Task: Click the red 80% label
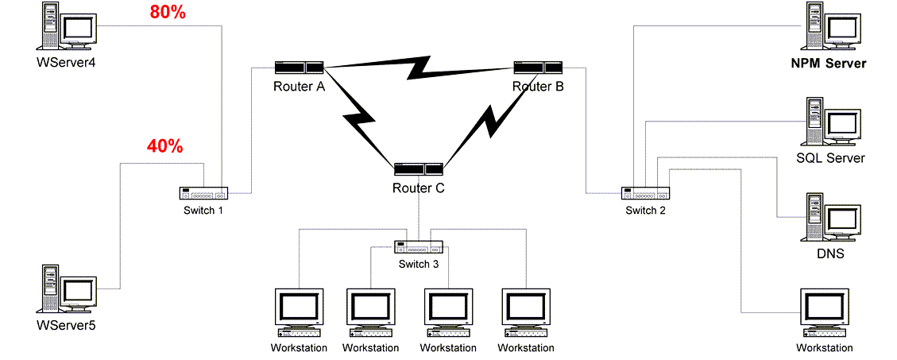click(168, 13)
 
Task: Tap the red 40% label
click(165, 146)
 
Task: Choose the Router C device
click(418, 169)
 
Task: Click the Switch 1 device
click(204, 193)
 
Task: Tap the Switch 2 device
click(645, 193)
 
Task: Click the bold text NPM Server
click(828, 64)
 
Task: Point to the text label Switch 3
click(419, 264)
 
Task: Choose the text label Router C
click(418, 188)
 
